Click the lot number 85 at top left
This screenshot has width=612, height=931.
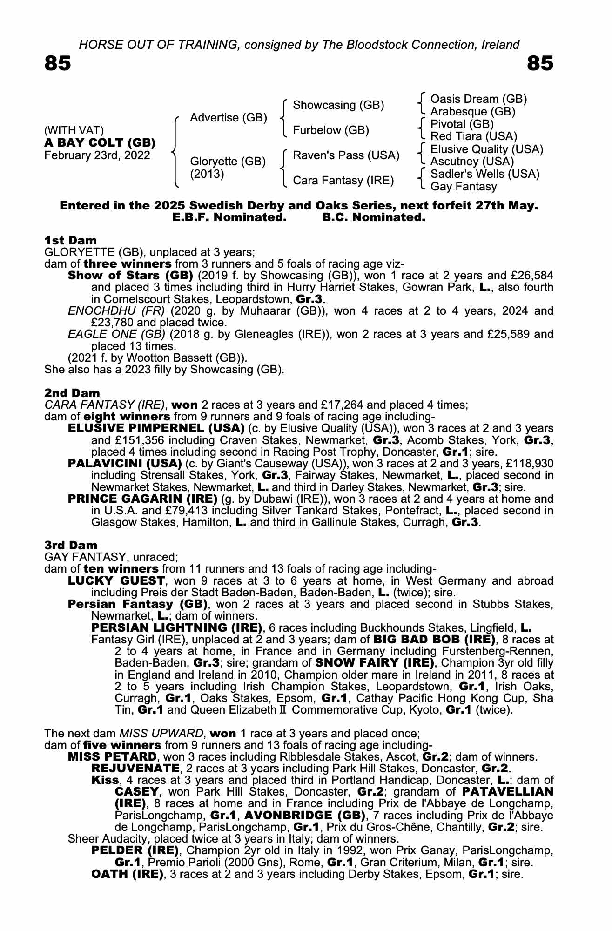[x=58, y=63]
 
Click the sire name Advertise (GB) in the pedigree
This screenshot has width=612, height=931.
[x=229, y=118]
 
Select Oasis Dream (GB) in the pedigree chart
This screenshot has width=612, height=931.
[x=478, y=99]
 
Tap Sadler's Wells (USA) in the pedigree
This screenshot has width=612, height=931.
[x=485, y=174]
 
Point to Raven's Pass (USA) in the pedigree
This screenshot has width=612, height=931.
[x=346, y=155]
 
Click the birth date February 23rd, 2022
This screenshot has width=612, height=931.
[x=97, y=155]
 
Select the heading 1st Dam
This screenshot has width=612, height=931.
[x=71, y=241]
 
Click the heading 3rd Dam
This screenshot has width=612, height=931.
[x=71, y=545]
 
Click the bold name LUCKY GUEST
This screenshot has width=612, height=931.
[x=116, y=581]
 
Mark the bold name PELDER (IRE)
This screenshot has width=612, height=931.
[x=135, y=851]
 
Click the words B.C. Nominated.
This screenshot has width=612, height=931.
[x=374, y=217]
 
